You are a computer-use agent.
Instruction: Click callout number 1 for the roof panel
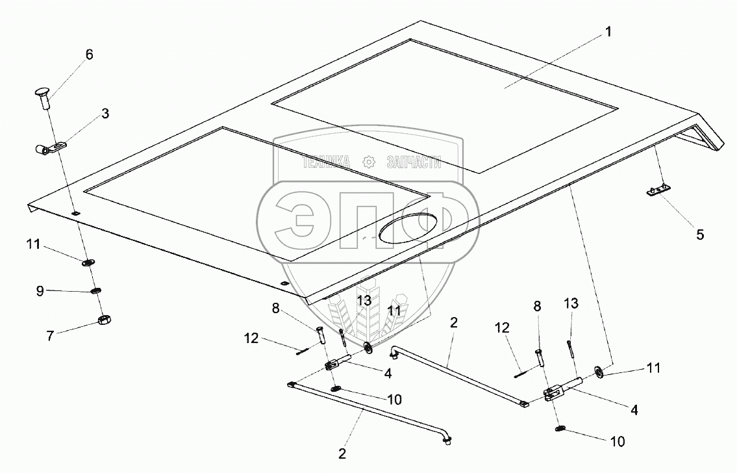(x=608, y=32)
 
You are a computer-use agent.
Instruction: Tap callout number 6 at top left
(x=89, y=55)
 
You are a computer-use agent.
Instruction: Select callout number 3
(x=105, y=113)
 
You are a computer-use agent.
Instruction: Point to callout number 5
(x=700, y=234)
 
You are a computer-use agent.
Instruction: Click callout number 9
(x=40, y=291)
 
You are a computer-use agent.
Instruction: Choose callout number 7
(x=50, y=336)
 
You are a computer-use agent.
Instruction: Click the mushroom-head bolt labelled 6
(x=44, y=97)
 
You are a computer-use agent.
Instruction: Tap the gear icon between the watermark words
(x=369, y=162)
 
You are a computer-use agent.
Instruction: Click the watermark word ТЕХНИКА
(x=326, y=162)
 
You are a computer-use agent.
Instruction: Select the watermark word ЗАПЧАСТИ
(x=414, y=162)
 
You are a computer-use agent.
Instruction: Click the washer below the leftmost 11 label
(x=88, y=262)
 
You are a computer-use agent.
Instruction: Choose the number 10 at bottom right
(x=617, y=442)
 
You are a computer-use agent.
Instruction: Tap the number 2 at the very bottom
(x=342, y=454)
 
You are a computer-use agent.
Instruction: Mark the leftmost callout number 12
(x=251, y=338)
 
